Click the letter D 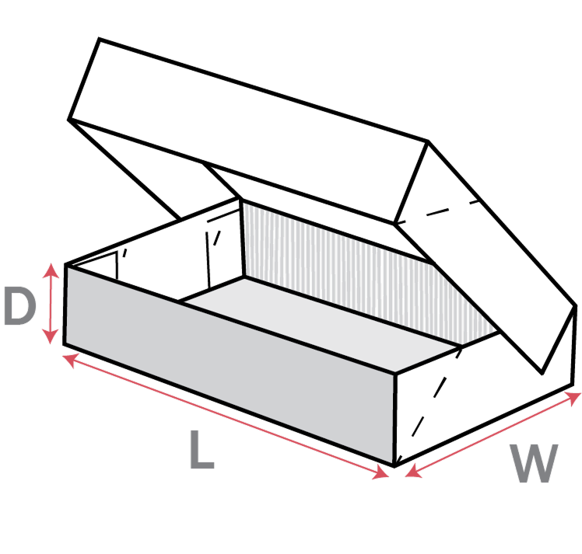point(19,306)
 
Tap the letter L point(202,450)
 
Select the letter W point(535,464)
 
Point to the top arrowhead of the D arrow point(51,269)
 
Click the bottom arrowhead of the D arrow point(51,338)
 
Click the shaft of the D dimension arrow point(51,304)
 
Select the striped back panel point(335,264)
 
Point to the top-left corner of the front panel point(68,269)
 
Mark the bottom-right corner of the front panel point(391,462)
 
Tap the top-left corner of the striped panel point(246,205)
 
